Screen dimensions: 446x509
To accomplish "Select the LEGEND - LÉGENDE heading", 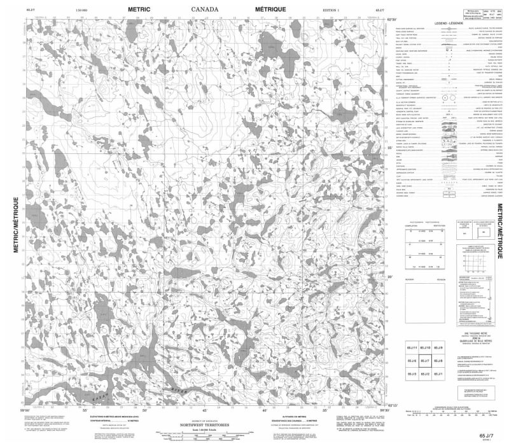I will coord(448,23).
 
